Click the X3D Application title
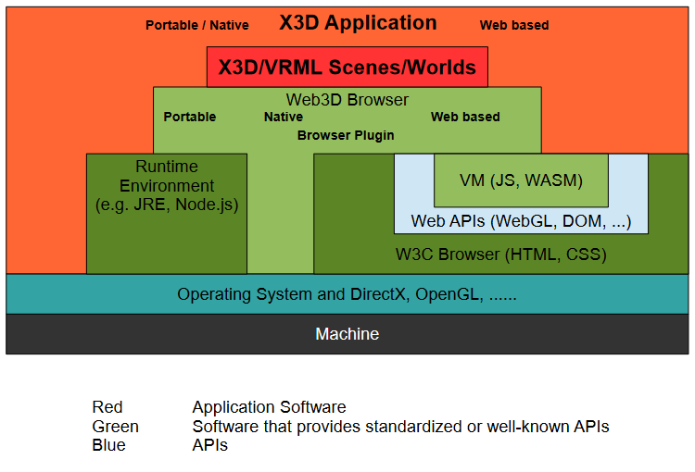[358, 23]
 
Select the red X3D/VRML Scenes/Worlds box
[347, 68]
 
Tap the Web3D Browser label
[347, 100]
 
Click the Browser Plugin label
[346, 135]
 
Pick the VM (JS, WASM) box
[521, 180]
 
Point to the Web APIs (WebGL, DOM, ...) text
[521, 221]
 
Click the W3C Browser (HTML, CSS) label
[501, 254]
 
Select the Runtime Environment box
[167, 213]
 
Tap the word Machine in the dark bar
[347, 334]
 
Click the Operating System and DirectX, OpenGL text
[347, 295]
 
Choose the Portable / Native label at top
[197, 26]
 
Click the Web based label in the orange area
[514, 26]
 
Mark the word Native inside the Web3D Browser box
[284, 118]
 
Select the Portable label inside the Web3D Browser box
[190, 118]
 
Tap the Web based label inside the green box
[465, 118]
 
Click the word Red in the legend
[107, 407]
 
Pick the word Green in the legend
[116, 427]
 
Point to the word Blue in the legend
[109, 445]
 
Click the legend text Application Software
[269, 407]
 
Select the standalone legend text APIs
[210, 445]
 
